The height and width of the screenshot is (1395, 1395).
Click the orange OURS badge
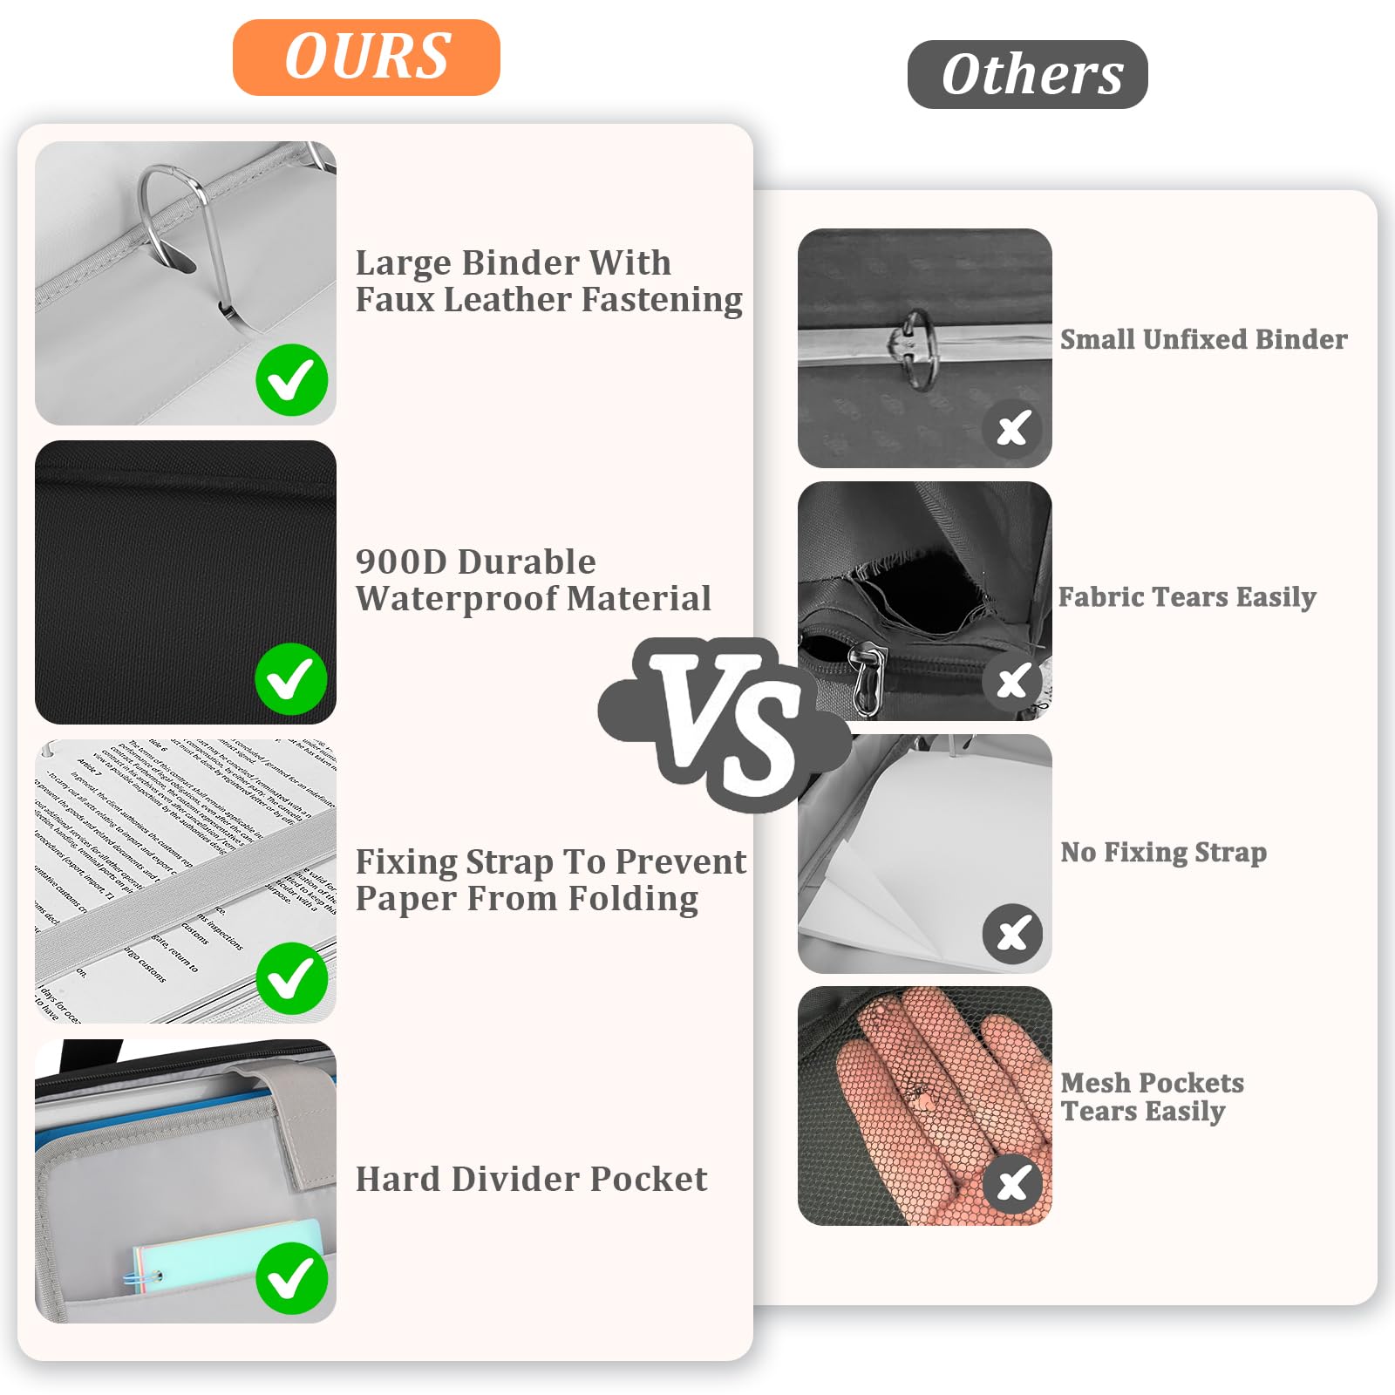pos(366,58)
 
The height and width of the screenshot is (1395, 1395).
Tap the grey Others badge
pos(1027,75)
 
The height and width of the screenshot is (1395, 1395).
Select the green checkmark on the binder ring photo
pos(291,380)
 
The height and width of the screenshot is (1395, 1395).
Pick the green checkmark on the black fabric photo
pos(291,679)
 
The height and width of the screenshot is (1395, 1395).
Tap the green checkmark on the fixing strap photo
pos(291,978)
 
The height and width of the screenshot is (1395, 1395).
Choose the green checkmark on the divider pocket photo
pos(291,1278)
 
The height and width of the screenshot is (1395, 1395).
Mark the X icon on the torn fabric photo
pos(1012,681)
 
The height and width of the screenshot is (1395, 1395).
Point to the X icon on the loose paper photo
pos(1012,934)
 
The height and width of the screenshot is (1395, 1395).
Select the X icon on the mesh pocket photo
pos(1012,1184)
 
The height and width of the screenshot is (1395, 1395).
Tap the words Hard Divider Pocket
pos(531,1179)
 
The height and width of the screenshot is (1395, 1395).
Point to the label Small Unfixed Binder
pos(1203,339)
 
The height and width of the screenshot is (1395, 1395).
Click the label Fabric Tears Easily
pos(1187,597)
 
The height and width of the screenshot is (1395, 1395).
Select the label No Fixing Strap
pos(1163,852)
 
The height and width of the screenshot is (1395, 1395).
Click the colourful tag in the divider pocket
pos(227,1255)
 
